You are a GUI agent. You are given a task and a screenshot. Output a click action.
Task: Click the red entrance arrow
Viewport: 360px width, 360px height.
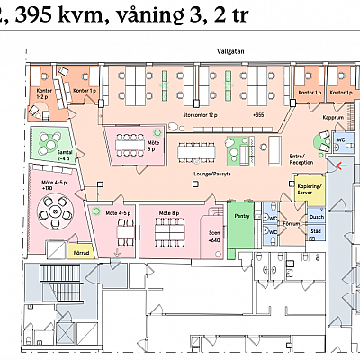click(x=338, y=165)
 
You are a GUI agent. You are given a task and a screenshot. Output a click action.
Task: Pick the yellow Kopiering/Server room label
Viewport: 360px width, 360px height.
click(x=310, y=189)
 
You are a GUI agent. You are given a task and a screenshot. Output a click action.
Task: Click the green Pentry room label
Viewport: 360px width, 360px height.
click(x=241, y=216)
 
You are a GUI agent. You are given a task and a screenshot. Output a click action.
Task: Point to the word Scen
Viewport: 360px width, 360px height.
click(x=212, y=233)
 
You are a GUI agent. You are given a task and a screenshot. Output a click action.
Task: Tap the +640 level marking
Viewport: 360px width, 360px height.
click(x=213, y=241)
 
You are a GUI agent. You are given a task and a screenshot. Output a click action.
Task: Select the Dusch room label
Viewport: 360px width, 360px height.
click(x=316, y=217)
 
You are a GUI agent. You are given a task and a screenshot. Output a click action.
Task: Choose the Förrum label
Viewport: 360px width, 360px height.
click(x=291, y=223)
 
